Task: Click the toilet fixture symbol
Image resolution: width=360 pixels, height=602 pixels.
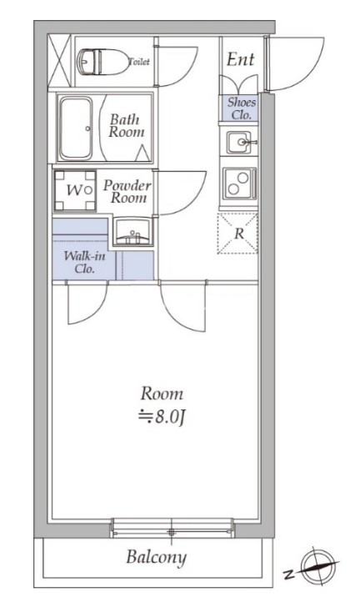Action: pyautogui.click(x=102, y=62)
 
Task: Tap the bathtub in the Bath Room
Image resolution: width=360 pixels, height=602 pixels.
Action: pyautogui.click(x=76, y=128)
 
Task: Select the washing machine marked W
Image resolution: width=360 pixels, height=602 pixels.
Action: pyautogui.click(x=75, y=190)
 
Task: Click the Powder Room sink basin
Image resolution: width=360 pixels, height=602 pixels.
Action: pyautogui.click(x=132, y=232)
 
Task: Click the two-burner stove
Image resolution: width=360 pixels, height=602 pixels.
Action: pyautogui.click(x=239, y=183)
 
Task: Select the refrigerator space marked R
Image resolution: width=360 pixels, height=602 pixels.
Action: pyautogui.click(x=237, y=233)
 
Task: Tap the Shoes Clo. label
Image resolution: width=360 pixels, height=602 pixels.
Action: pyautogui.click(x=242, y=108)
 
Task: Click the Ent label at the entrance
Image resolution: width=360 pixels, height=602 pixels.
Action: pyautogui.click(x=240, y=59)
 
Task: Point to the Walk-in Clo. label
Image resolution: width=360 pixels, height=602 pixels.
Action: pyautogui.click(x=84, y=262)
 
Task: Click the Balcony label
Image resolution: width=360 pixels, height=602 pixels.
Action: pyautogui.click(x=156, y=557)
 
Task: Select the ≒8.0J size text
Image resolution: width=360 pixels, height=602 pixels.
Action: pyautogui.click(x=162, y=417)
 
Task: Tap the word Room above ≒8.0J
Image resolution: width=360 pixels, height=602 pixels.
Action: pyautogui.click(x=162, y=394)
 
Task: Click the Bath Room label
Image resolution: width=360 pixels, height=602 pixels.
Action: pyautogui.click(x=127, y=126)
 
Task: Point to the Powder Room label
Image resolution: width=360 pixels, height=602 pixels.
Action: pyautogui.click(x=127, y=192)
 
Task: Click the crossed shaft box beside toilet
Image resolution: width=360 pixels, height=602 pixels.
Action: pyautogui.click(x=59, y=61)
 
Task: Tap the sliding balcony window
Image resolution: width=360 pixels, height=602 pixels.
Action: pyautogui.click(x=172, y=528)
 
